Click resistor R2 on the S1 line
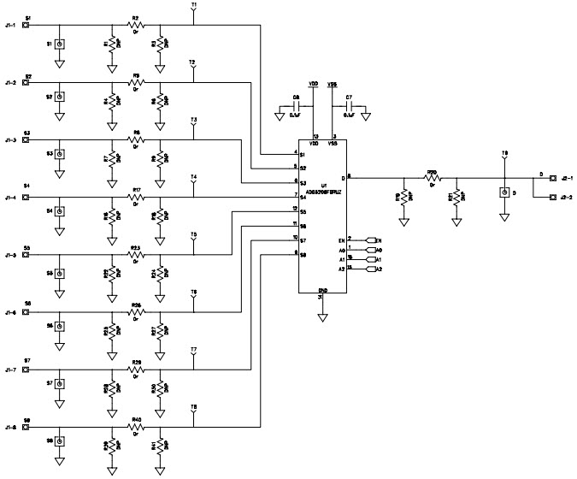(135, 26)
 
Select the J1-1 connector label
(10, 26)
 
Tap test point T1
(194, 10)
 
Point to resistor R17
(135, 198)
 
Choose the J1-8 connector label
(10, 427)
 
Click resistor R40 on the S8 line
(135, 427)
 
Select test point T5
(194, 239)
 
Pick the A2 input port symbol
(369, 269)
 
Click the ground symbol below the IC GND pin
(322, 317)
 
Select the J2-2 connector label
(567, 198)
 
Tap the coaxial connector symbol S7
(60, 383)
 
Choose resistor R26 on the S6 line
(135, 312)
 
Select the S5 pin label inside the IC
(303, 210)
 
